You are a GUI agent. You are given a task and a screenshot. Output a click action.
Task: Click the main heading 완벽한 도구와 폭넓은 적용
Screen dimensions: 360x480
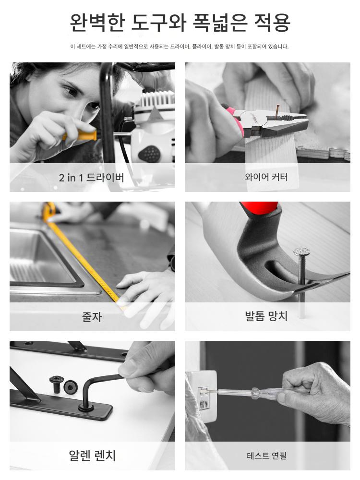click(x=180, y=23)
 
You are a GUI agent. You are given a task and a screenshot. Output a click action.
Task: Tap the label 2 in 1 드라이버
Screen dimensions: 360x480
click(x=92, y=178)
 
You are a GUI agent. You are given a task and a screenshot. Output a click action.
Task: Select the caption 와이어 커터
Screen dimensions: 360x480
click(x=266, y=177)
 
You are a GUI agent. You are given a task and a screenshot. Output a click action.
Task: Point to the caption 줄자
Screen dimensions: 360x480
click(x=92, y=316)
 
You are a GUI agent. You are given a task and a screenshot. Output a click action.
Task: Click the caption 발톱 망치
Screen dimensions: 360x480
click(x=266, y=316)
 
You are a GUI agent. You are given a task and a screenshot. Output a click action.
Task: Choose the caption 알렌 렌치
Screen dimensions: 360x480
click(x=92, y=456)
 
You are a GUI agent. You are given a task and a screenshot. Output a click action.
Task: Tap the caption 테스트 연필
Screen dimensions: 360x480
click(x=266, y=456)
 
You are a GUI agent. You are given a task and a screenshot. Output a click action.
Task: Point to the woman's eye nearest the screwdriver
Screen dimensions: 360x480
click(x=94, y=106)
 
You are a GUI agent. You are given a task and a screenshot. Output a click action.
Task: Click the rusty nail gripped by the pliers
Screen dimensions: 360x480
click(x=277, y=112)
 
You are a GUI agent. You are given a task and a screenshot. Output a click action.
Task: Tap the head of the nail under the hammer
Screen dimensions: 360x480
click(x=302, y=252)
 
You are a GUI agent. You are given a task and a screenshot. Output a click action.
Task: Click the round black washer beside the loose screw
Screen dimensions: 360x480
click(x=71, y=387)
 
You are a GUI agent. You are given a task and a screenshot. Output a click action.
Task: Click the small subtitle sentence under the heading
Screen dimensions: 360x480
click(x=180, y=47)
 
